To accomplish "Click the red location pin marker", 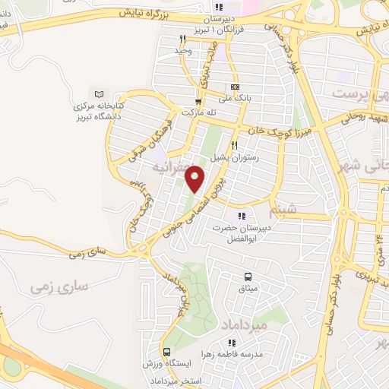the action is tap(196, 179).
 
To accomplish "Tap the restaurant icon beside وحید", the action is tap(182, 39).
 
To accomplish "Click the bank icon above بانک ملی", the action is tap(235, 87).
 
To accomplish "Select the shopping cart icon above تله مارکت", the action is tap(198, 101).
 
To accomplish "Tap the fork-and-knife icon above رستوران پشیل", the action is tap(235, 146).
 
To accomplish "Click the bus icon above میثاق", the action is tap(248, 277).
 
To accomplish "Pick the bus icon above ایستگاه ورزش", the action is tap(166, 353).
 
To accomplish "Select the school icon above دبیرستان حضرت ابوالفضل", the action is tap(241, 216).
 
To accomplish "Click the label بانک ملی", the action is tap(235, 98).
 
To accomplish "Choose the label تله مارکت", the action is tap(200, 112).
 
